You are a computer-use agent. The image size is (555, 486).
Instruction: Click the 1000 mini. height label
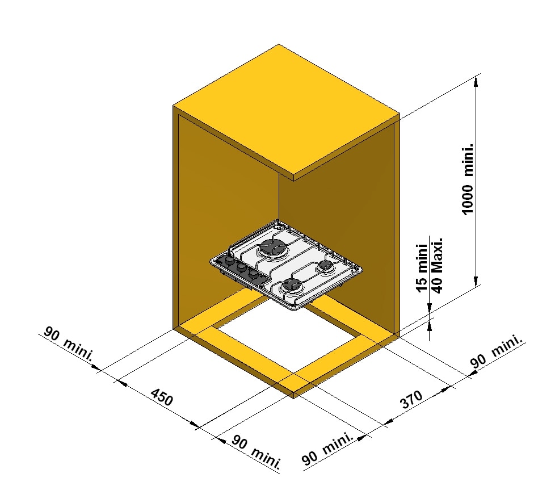468,179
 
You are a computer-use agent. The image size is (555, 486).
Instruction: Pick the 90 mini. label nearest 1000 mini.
495,355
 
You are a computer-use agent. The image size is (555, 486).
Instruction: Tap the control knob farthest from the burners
229,261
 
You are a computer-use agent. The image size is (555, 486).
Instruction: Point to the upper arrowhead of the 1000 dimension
476,83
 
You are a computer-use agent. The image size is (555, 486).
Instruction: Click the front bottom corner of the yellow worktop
294,396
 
